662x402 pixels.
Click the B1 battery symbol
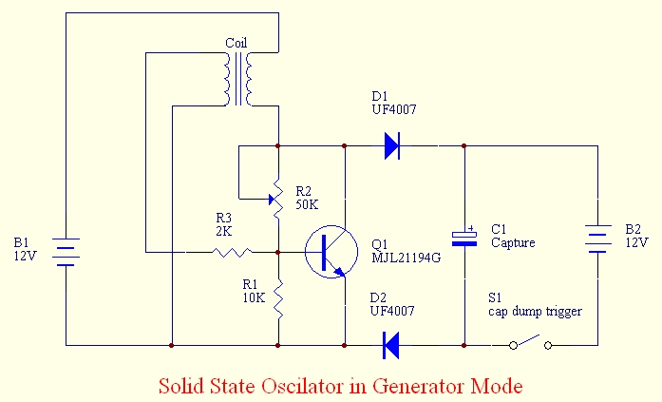[66, 252]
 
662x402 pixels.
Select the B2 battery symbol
[597, 239]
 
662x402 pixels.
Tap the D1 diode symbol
[392, 145]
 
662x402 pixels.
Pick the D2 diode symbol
[391, 345]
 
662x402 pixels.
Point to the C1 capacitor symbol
[464, 239]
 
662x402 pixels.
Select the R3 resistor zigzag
[233, 253]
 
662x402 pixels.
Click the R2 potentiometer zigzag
[277, 199]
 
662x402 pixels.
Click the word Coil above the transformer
[236, 43]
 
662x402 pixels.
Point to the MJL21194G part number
[407, 258]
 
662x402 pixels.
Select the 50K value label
[307, 204]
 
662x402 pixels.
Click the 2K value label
[224, 231]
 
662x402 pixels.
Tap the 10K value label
[254, 297]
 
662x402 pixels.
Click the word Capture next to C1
[513, 242]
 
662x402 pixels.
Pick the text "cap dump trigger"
[535, 312]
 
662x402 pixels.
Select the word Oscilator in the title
[301, 386]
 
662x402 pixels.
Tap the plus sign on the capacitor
[471, 228]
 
